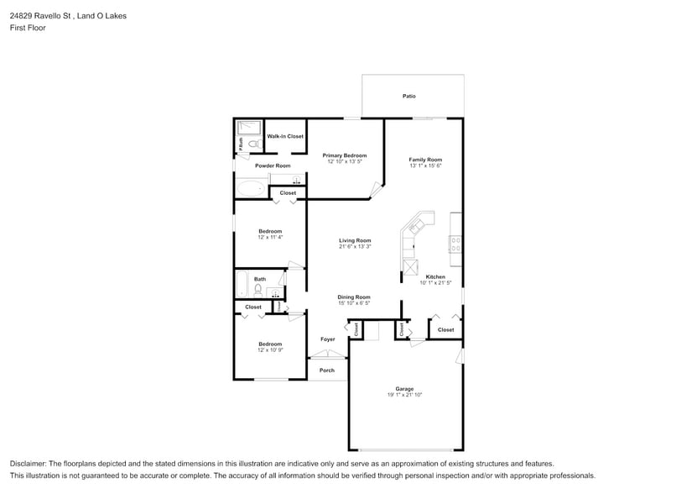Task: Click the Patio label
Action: pos(408,97)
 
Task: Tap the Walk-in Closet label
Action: pos(285,136)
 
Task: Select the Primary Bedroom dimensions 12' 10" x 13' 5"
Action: pos(345,161)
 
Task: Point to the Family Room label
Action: pos(425,160)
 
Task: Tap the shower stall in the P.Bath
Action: pos(248,128)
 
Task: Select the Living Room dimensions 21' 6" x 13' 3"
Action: pos(355,247)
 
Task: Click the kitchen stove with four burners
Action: pos(455,244)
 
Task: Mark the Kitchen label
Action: pos(435,276)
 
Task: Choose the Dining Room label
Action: pos(354,297)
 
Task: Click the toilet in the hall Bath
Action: pos(259,290)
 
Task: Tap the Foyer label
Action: pos(327,339)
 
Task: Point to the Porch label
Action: pos(327,370)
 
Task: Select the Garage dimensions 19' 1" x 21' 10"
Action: pos(404,395)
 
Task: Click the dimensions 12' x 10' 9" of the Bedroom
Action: pos(270,349)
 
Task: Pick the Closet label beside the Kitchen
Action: pos(445,329)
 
